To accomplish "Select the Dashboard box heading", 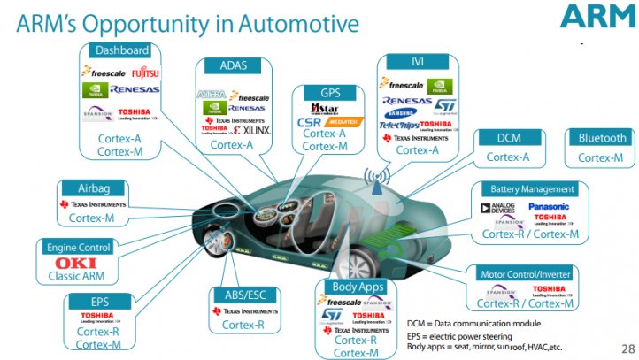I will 121,50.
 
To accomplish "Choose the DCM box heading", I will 509,138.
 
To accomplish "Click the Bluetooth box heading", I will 602,138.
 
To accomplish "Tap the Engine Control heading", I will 76,247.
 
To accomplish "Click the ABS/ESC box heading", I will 244,295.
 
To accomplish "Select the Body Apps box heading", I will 358,287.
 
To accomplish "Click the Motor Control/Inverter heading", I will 526,273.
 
